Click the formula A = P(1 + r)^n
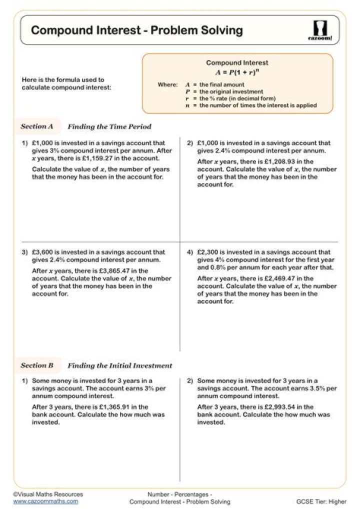(237, 72)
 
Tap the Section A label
(37, 126)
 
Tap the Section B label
(37, 365)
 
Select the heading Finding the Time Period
(109, 127)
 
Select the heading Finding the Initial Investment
(120, 366)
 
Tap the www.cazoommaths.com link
(45, 501)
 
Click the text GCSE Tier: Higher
(321, 501)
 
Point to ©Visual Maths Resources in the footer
(48, 494)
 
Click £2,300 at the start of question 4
(207, 252)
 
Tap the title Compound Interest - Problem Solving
(136, 30)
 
